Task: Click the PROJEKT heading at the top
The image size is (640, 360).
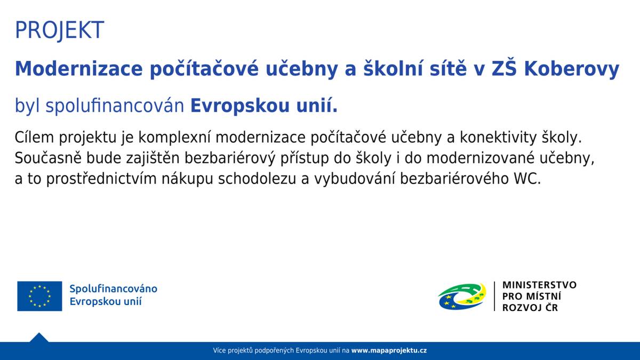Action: (x=59, y=30)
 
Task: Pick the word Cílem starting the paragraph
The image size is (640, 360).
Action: (x=35, y=138)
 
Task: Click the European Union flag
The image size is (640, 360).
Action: (x=39, y=296)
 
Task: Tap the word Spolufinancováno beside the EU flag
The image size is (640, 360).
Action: (x=113, y=289)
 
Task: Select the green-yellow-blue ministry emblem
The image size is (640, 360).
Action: (x=462, y=296)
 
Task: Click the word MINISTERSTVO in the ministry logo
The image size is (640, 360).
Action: (x=539, y=285)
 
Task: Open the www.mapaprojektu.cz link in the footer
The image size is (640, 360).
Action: (x=389, y=351)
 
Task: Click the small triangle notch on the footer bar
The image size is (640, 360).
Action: (x=39, y=338)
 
